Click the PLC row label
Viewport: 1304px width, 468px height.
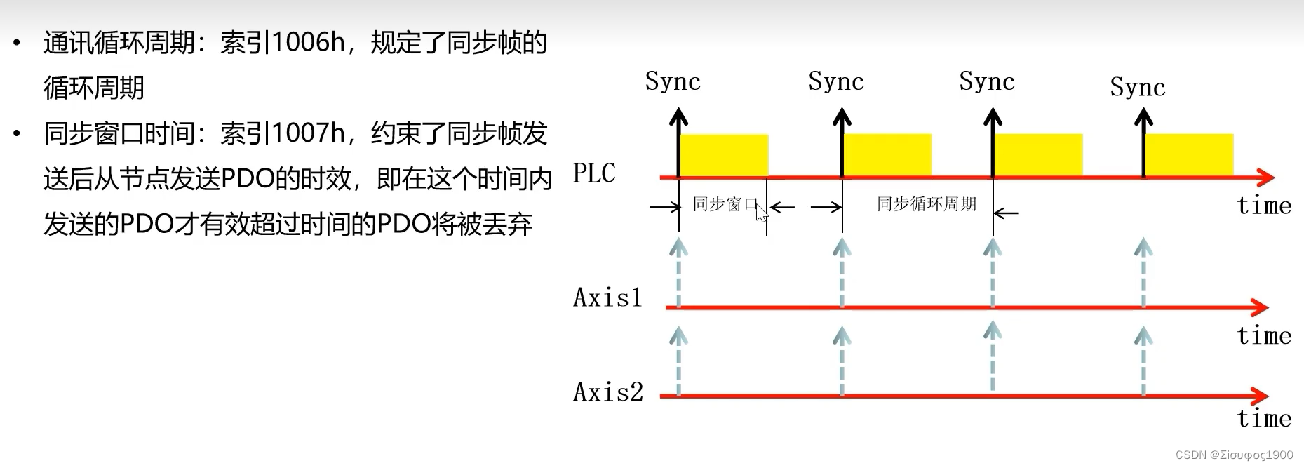coord(594,173)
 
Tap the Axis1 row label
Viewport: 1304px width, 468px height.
coord(607,297)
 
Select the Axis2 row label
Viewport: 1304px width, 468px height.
coord(608,392)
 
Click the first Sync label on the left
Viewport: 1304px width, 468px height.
coord(673,81)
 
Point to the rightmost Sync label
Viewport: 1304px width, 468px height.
coord(1137,87)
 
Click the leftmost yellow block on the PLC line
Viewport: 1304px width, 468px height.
coord(724,154)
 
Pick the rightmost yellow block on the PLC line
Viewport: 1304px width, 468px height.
coord(1189,154)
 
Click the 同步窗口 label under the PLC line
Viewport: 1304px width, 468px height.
coord(725,204)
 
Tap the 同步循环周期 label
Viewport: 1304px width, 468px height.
coord(927,204)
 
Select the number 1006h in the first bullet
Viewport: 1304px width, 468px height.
coord(308,43)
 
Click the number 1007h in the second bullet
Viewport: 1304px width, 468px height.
coord(308,133)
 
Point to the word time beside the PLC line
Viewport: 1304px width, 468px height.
coord(1264,206)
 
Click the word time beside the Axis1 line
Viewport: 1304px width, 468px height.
coord(1264,335)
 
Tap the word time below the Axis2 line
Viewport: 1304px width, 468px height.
coord(1264,418)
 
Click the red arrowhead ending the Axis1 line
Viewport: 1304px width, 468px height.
coord(1261,307)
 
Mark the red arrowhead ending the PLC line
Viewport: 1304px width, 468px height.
coord(1265,177)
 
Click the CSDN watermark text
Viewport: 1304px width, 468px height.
coord(1234,455)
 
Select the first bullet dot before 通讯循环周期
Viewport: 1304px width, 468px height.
coord(17,44)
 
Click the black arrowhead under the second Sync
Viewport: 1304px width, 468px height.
coord(842,116)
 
